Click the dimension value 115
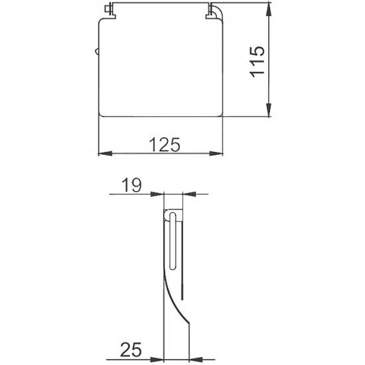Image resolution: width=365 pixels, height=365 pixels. pyautogui.click(x=259, y=61)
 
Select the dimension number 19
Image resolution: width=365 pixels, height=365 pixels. pyautogui.click(x=133, y=186)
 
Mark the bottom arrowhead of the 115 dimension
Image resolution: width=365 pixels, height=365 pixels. pyautogui.click(x=269, y=113)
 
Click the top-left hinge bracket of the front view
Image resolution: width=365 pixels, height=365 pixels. pyautogui.click(x=108, y=9)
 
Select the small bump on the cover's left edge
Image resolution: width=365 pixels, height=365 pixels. pyautogui.click(x=97, y=52)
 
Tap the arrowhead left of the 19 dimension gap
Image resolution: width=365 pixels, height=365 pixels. pyautogui.click(x=159, y=194)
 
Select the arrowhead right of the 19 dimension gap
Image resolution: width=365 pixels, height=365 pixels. pyautogui.click(x=186, y=194)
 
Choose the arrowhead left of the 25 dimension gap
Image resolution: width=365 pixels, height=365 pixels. pyautogui.click(x=159, y=358)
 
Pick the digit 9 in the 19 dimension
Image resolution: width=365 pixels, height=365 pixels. pyautogui.click(x=137, y=186)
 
